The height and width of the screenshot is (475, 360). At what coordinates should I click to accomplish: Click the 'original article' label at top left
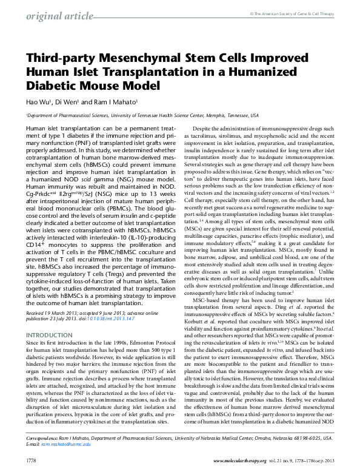point(55,15)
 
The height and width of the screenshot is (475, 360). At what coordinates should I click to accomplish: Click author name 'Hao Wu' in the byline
point(39,102)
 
